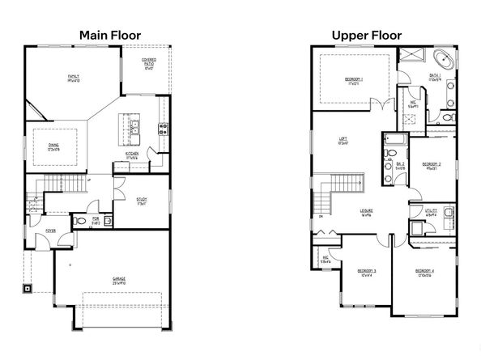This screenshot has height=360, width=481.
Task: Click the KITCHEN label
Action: (133, 154)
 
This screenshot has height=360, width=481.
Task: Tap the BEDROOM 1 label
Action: (353, 81)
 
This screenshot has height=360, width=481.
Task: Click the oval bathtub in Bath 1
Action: (445, 60)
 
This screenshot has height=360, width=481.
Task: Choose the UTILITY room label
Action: (431, 214)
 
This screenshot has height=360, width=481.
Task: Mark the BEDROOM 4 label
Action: (425, 273)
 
